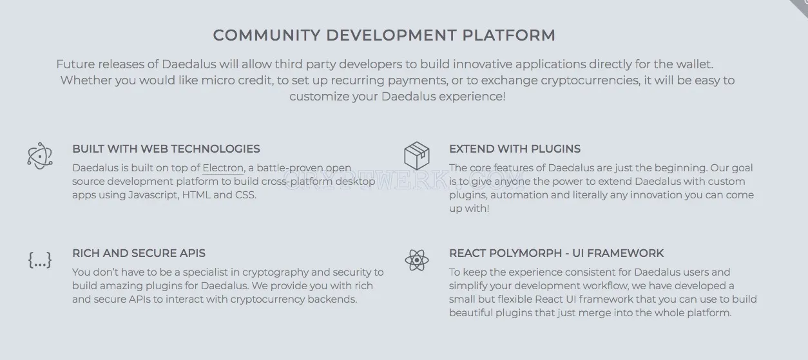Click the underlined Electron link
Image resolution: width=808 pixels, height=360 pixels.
point(223,168)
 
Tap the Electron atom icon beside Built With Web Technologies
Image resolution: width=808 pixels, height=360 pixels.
point(40,156)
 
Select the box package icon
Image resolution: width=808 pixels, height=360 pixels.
point(417,156)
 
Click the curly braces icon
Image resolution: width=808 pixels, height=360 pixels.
point(40,260)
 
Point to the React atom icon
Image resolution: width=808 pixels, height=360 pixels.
point(417,260)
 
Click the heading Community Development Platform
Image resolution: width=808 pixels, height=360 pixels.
point(384,35)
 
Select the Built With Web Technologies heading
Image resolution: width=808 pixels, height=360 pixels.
point(166,149)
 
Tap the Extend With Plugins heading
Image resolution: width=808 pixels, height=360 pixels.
point(515,149)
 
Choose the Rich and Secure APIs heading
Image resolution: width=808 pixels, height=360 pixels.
point(139,253)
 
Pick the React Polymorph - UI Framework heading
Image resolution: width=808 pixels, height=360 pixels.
point(556,253)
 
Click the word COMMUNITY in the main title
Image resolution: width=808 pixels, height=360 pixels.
point(267,35)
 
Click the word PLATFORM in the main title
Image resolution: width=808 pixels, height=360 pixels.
point(508,35)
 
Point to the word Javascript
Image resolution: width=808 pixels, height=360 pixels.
point(153,195)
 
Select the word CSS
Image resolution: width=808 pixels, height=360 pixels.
point(245,195)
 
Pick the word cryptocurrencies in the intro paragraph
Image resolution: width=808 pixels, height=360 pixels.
point(591,81)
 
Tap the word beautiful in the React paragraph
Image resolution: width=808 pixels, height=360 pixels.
point(471,313)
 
